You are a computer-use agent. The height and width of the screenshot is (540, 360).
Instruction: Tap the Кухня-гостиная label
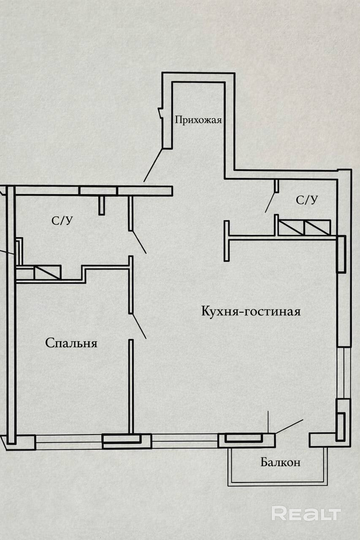251,312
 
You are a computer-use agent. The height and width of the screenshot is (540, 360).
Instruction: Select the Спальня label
71,343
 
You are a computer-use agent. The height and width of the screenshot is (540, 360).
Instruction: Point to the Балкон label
280,462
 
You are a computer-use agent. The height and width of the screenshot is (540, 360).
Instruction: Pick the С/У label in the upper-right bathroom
306,200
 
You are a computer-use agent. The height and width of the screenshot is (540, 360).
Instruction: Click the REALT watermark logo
306,513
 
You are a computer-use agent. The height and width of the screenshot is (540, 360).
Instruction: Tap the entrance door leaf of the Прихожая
153,165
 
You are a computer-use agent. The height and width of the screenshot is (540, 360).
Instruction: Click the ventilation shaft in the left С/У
47,272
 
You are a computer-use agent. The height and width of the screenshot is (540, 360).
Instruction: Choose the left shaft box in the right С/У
291,227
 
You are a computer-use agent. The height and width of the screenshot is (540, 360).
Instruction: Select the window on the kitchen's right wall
346,372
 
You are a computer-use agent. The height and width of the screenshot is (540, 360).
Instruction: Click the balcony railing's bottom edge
278,484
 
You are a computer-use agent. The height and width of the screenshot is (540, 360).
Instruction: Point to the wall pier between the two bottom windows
127,441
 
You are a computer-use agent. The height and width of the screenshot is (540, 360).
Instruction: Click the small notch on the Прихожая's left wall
160,113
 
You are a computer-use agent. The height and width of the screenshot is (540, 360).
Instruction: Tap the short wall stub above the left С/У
101,205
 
